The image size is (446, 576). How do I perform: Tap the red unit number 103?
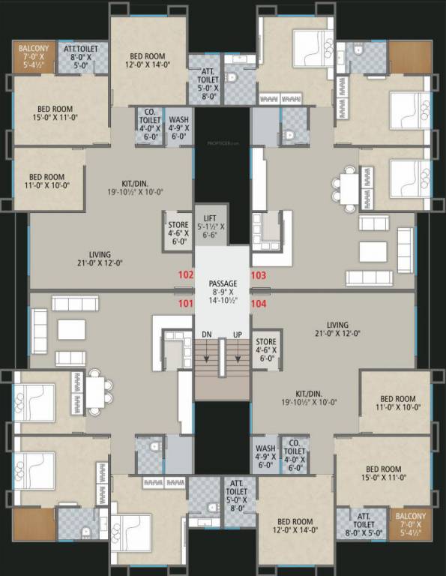tap(259, 275)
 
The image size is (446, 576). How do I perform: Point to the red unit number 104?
tap(259, 304)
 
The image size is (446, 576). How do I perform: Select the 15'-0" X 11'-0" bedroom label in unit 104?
tap(384, 474)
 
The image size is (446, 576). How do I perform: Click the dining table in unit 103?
tap(349, 184)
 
